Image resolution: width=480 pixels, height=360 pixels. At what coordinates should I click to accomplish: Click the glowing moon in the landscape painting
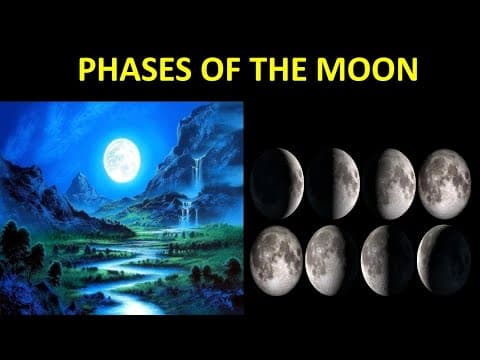(121, 158)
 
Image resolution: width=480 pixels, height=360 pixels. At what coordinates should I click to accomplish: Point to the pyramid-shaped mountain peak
(78, 186)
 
